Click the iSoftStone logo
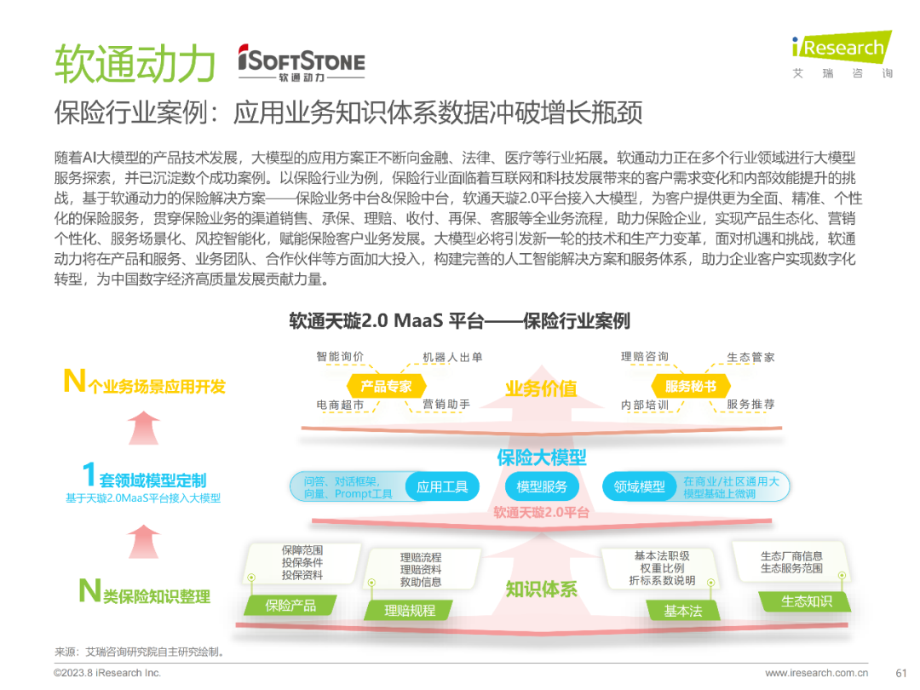[301, 64]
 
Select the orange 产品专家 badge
[386, 386]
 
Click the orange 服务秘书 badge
[690, 386]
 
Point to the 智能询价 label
[340, 357]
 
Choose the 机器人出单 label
[452, 357]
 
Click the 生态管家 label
[750, 357]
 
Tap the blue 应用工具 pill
[442, 487]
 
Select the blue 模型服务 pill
[542, 487]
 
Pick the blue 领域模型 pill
[639, 487]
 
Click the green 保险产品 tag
[290, 605]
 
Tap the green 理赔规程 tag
[410, 610]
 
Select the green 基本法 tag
[682, 610]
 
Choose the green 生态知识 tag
[807, 601]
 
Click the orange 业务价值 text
[541, 388]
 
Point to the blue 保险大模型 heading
[542, 457]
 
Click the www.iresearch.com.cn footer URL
[816, 673]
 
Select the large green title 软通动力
[135, 63]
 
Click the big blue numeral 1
[89, 475]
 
